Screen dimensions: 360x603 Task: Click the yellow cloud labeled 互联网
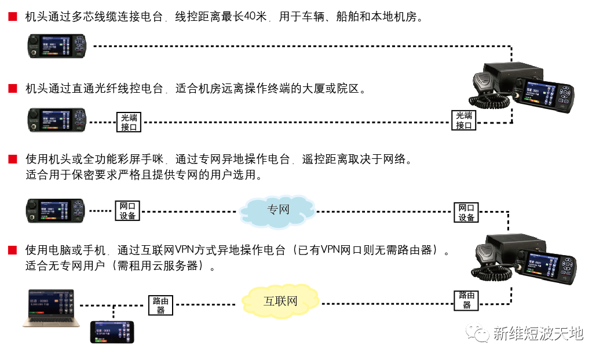280,301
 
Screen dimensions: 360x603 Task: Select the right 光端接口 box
463,120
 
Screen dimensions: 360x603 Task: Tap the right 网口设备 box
466,212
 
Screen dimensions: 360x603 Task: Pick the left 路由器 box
160,306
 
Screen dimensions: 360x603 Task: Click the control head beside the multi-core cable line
57,46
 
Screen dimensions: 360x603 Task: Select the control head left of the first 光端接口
57,120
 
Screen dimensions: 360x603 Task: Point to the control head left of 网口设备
57,210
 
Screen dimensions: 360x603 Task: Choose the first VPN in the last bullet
183,251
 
